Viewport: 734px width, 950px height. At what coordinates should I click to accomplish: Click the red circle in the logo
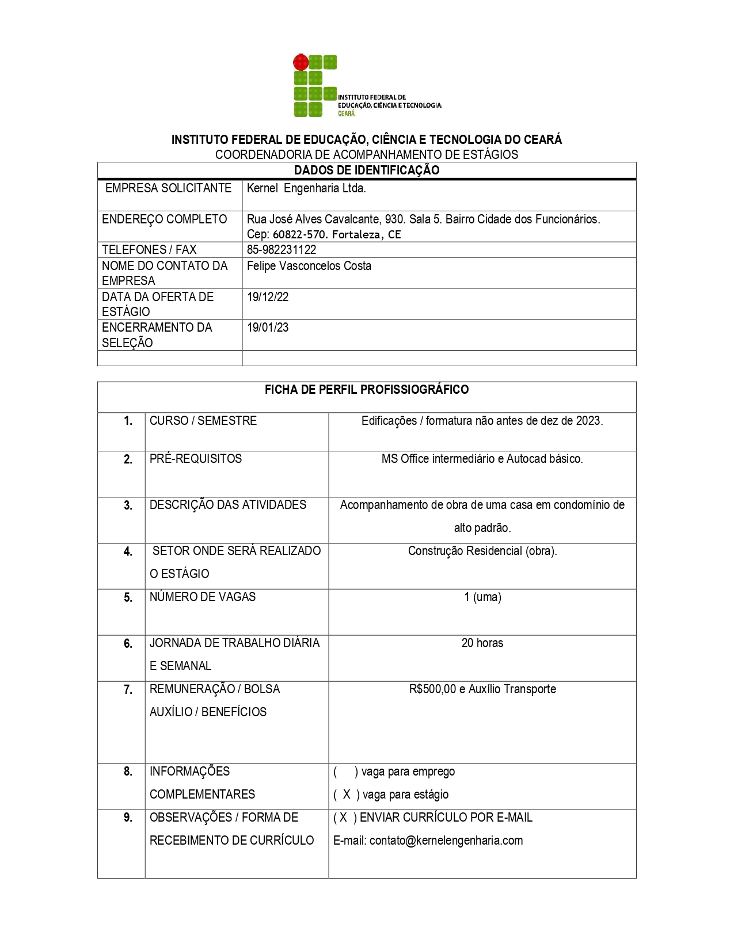pyautogui.click(x=301, y=62)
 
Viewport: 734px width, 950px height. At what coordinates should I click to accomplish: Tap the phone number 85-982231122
pyautogui.click(x=282, y=250)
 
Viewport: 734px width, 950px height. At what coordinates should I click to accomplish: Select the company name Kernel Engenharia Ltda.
pyautogui.click(x=306, y=188)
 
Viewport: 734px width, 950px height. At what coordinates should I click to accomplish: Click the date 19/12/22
pyautogui.click(x=268, y=297)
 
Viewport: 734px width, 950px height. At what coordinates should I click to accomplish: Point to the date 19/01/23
pyautogui.click(x=268, y=328)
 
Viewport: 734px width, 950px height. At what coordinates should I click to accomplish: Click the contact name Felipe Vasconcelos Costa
pyautogui.click(x=309, y=266)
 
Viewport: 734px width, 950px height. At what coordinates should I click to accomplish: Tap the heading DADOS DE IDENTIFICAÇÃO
pyautogui.click(x=367, y=170)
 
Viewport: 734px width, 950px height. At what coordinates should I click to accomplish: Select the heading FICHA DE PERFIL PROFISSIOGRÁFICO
pyautogui.click(x=367, y=390)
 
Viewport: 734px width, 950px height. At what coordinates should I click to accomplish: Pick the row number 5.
pyautogui.click(x=128, y=598)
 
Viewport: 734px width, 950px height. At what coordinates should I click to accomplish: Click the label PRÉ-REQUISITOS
pyautogui.click(x=196, y=459)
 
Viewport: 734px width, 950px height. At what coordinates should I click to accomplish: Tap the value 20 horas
pyautogui.click(x=482, y=643)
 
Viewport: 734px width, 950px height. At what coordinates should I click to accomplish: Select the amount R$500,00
pyautogui.click(x=432, y=689)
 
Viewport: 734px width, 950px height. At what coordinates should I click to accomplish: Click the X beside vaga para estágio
pyautogui.click(x=347, y=795)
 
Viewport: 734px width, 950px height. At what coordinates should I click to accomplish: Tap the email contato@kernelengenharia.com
pyautogui.click(x=446, y=841)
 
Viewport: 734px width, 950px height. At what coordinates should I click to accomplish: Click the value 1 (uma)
pyautogui.click(x=482, y=597)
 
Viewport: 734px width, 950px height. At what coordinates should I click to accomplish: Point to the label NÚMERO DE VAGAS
pyautogui.click(x=203, y=597)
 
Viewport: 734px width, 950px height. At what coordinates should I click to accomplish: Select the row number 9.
pyautogui.click(x=128, y=818)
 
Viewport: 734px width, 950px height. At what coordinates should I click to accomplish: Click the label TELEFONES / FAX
pyautogui.click(x=149, y=250)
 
